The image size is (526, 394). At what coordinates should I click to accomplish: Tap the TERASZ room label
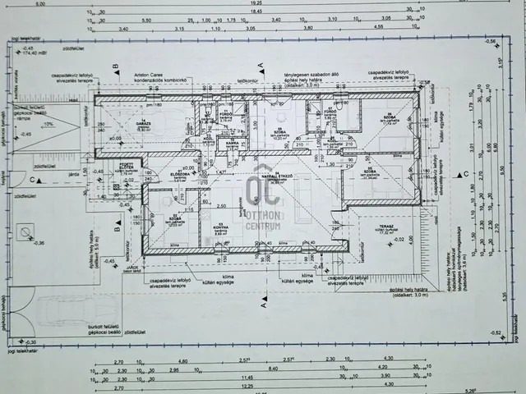tap(386, 228)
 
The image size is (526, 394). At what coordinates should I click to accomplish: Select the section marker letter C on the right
tap(466, 173)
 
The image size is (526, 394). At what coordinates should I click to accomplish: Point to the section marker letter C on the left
tap(32, 180)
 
